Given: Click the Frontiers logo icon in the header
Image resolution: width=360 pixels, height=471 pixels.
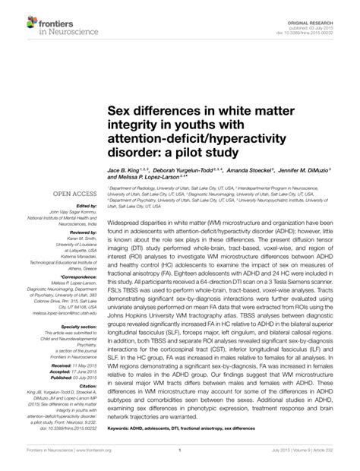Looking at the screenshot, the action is [x=17, y=13].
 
